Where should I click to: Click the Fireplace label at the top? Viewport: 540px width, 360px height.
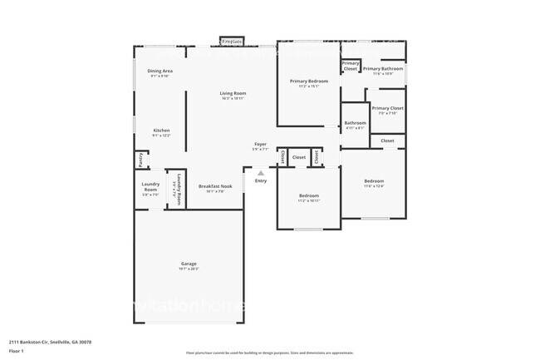pyautogui.click(x=232, y=41)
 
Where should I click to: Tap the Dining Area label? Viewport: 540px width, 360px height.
pyautogui.click(x=160, y=72)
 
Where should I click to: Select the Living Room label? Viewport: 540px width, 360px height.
pyautogui.click(x=233, y=93)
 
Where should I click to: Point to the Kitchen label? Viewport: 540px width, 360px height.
pyautogui.click(x=161, y=131)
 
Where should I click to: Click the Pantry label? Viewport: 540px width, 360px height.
pyautogui.click(x=142, y=159)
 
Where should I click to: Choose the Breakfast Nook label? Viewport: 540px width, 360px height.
pyautogui.click(x=215, y=186)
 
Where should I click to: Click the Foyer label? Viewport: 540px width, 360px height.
pyautogui.click(x=260, y=145)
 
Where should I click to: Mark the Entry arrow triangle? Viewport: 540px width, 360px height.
pyautogui.click(x=261, y=172)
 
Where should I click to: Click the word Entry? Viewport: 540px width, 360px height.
pyautogui.click(x=261, y=180)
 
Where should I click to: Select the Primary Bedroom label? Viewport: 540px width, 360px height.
pyautogui.click(x=308, y=81)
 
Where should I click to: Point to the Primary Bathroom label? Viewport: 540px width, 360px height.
pyautogui.click(x=383, y=68)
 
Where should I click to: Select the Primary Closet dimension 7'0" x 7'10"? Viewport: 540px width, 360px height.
pyautogui.click(x=387, y=114)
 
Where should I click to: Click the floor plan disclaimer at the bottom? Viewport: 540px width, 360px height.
pyautogui.click(x=269, y=353)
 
